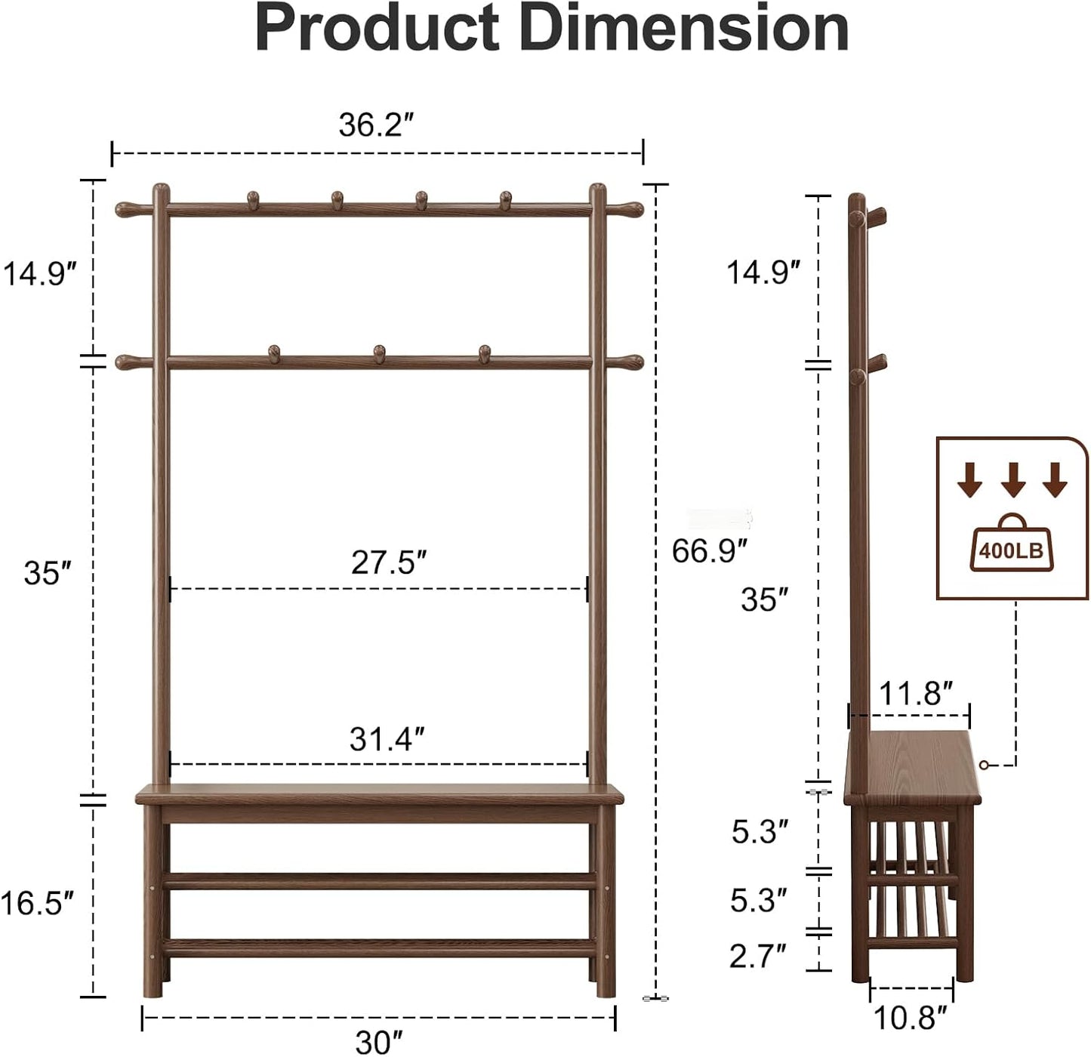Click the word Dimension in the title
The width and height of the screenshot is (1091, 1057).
(684, 28)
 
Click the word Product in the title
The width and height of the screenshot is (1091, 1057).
(378, 28)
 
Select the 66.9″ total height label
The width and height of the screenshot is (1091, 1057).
(710, 551)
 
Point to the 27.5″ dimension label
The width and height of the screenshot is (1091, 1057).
(389, 562)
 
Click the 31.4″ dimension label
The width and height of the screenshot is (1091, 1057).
(387, 739)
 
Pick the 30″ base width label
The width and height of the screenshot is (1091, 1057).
(379, 1043)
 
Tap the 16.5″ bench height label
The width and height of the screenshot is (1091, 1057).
(37, 903)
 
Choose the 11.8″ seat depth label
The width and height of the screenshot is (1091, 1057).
(916, 694)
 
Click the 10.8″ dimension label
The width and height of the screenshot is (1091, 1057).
(911, 1018)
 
